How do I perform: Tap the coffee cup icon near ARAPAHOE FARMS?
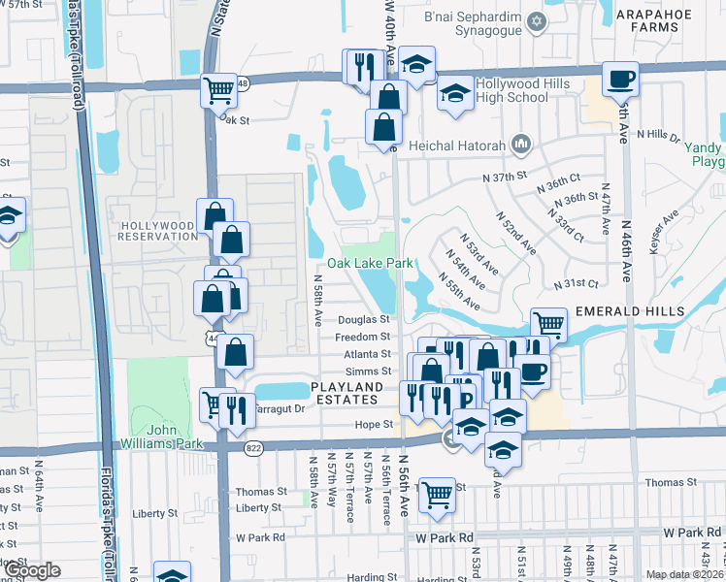coord(620,79)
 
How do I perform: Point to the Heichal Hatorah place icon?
coord(520,145)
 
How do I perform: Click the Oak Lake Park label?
coord(370,263)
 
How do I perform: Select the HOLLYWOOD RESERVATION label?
coord(157,230)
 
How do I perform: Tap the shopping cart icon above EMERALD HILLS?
coord(549,323)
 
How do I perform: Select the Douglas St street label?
coord(364,319)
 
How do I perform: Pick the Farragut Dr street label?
coord(279,408)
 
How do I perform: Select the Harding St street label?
coord(367,578)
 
